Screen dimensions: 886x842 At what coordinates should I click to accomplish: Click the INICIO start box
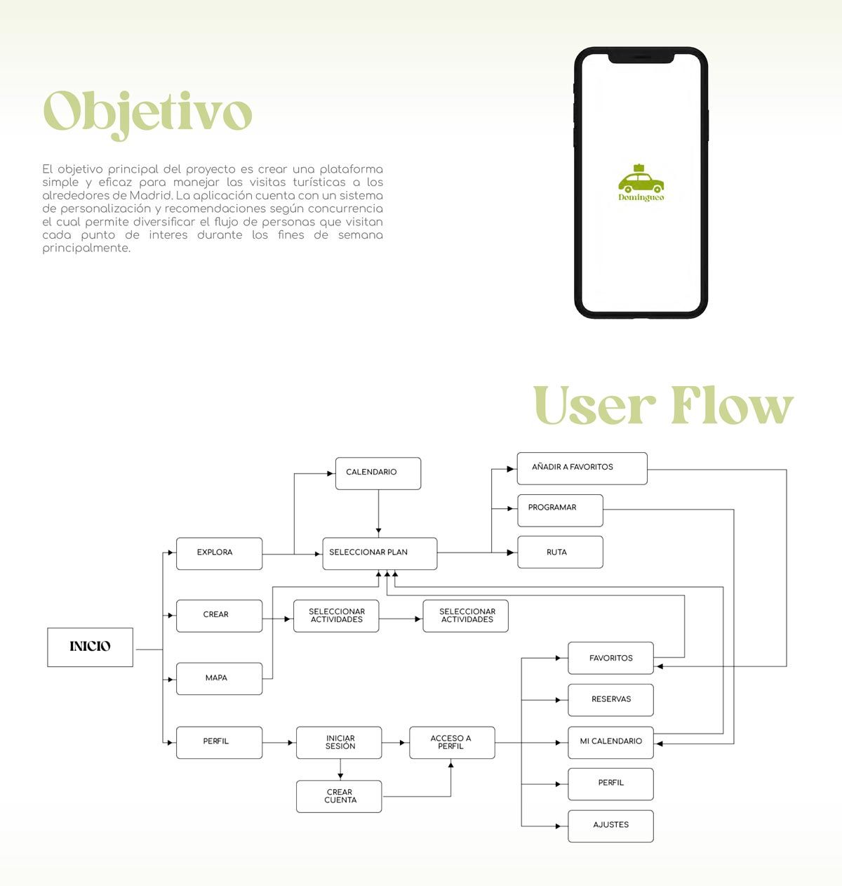(90, 647)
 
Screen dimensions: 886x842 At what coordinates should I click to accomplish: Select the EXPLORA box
(219, 553)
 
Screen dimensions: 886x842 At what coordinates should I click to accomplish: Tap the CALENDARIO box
(378, 473)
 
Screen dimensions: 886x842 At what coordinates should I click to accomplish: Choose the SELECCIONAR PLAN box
(380, 553)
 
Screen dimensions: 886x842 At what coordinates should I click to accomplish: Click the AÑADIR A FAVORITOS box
(582, 468)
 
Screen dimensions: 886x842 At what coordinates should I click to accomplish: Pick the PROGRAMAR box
(560, 510)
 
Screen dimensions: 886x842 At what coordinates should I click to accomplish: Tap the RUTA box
(560, 553)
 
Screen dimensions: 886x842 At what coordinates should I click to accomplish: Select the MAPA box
(219, 678)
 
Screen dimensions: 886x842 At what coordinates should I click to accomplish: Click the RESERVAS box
(610, 700)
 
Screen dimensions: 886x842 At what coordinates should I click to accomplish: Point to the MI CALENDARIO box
(610, 742)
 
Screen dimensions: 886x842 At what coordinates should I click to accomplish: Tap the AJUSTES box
(610, 826)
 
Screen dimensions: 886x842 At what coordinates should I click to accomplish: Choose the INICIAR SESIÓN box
(339, 743)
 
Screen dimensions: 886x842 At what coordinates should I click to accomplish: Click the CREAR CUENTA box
(339, 796)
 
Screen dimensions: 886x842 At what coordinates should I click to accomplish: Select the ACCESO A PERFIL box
(452, 743)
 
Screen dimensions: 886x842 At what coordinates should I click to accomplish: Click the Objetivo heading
(147, 112)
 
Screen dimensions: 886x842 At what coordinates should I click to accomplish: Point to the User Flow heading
(663, 406)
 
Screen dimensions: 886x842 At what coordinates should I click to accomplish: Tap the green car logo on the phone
(641, 181)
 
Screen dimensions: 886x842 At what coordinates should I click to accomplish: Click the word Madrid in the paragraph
(150, 195)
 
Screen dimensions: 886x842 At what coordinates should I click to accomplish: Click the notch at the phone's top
(641, 56)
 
